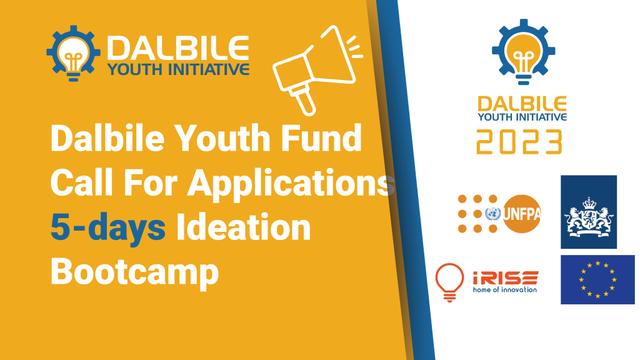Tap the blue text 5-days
108,228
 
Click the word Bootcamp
135,273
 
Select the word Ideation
243,227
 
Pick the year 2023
519,142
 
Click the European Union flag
597,279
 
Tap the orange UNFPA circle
522,214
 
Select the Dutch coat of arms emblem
589,217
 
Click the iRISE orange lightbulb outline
449,282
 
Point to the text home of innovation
505,289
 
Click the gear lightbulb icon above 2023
524,52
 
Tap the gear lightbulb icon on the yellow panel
74,54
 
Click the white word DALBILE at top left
178,48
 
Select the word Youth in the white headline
223,138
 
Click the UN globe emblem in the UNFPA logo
493,214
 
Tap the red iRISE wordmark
505,277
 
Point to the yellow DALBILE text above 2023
522,104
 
